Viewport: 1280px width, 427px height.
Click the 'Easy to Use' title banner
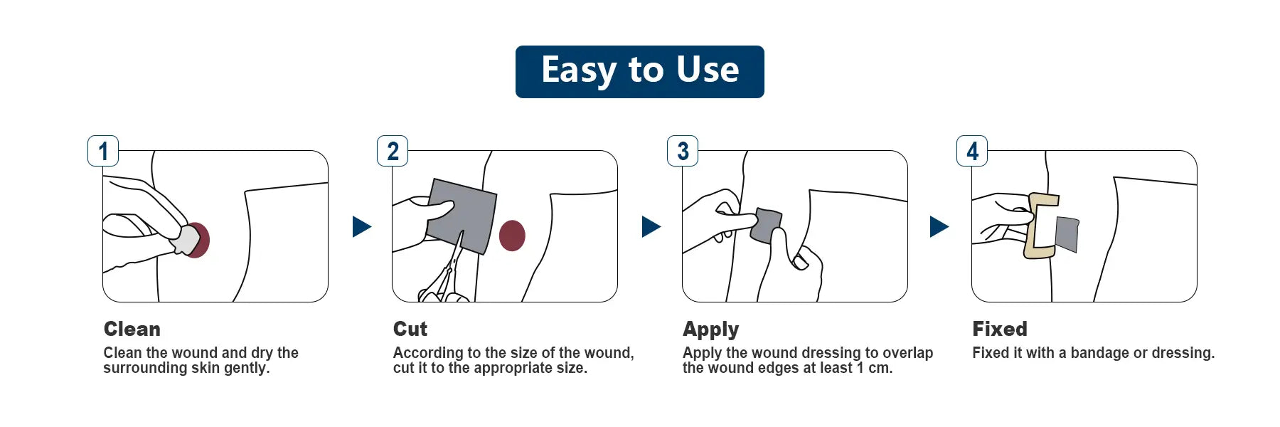[639, 71]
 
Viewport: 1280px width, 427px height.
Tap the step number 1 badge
[103, 151]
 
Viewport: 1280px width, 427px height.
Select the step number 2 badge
[393, 151]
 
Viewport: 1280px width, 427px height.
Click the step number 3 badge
[683, 151]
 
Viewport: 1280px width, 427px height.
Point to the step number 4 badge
[972, 151]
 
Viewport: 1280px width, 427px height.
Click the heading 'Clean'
[132, 329]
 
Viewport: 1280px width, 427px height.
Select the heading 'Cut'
[410, 329]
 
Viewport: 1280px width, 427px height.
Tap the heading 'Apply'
[710, 330]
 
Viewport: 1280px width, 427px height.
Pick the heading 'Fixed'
[1000, 329]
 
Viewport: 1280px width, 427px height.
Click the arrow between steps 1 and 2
[361, 226]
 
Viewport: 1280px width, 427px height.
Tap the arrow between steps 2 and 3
[651, 226]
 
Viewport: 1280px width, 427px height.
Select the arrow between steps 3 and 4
[939, 226]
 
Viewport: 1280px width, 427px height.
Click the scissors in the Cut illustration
[444, 281]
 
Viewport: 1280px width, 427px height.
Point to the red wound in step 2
[512, 236]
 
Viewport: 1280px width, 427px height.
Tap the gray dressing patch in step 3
[767, 225]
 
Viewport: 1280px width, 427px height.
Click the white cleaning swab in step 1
[187, 240]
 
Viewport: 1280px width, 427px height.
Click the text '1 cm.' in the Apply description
[874, 368]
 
